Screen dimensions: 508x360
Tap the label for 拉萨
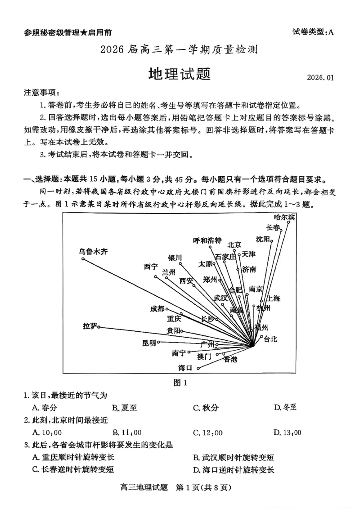click(x=90, y=326)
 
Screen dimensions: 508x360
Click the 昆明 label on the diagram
click(x=148, y=343)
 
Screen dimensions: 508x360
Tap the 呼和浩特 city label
click(x=207, y=240)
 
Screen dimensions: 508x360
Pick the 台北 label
click(x=270, y=339)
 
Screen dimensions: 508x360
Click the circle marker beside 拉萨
click(x=99, y=327)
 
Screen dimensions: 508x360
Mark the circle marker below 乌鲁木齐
click(x=82, y=258)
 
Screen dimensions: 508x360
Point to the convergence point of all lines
click(x=253, y=346)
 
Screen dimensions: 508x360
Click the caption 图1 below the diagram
click(x=180, y=383)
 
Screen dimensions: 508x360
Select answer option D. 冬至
click(x=285, y=408)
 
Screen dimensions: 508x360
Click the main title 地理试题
click(x=180, y=73)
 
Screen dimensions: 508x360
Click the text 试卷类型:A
click(x=313, y=32)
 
